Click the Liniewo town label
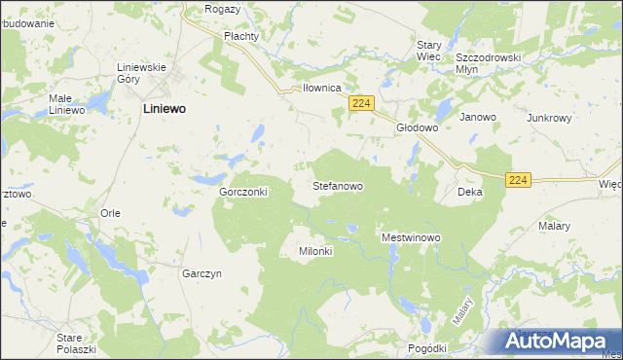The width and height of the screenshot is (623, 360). tap(165, 110)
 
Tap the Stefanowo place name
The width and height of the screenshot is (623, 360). tap(338, 184)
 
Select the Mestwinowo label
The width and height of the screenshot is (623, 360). tap(412, 237)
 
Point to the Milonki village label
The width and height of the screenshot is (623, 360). tap(314, 251)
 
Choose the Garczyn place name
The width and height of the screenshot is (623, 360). tap(202, 274)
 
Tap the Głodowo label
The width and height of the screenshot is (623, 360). tap(417, 127)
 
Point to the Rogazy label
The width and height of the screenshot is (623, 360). tap(223, 9)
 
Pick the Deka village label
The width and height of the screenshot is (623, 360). tap(470, 193)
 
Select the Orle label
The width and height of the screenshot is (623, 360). tap(110, 212)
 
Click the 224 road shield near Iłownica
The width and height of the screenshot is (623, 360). tap(362, 104)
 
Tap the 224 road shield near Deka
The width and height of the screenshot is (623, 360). tap(519, 180)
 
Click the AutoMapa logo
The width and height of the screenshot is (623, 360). tap(561, 341)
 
